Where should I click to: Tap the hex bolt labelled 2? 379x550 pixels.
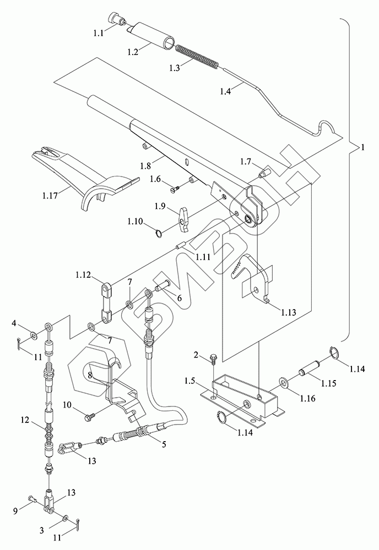213,360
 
